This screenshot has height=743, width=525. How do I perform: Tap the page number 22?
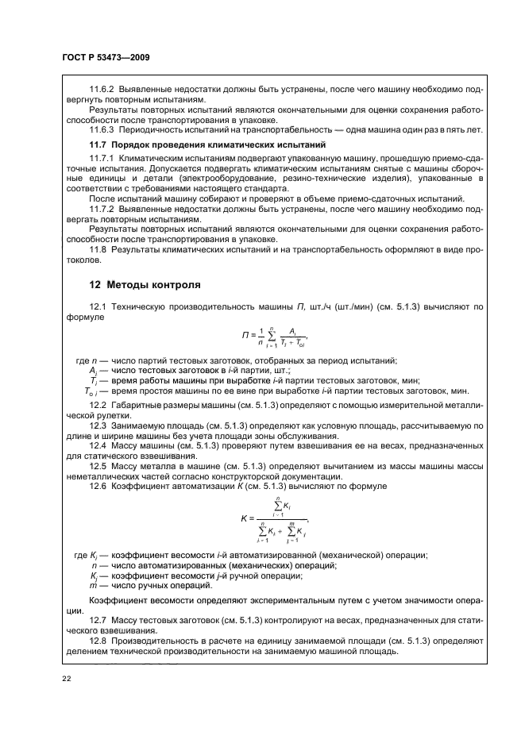[x=66, y=677]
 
